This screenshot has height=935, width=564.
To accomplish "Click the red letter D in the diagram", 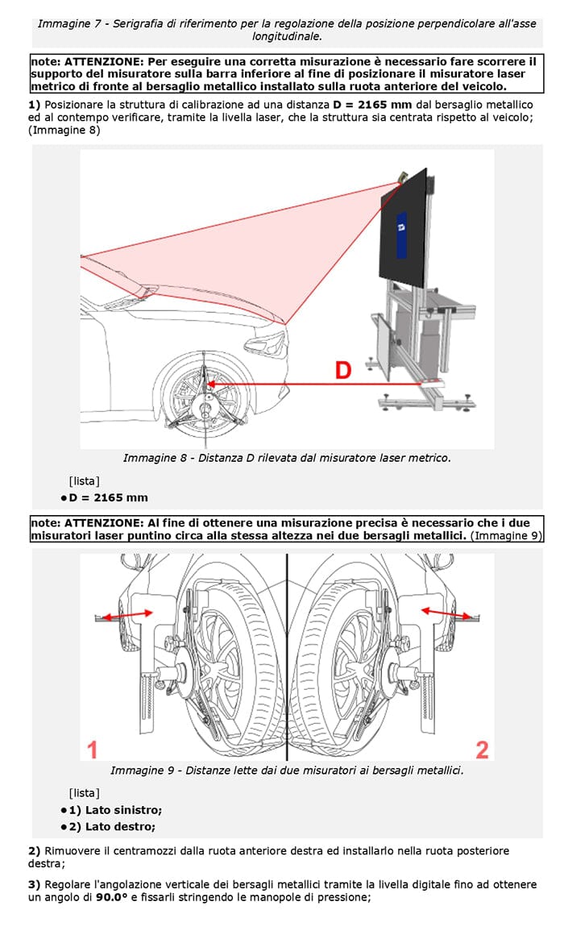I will tap(342, 370).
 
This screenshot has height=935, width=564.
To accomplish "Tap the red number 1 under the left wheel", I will tap(93, 750).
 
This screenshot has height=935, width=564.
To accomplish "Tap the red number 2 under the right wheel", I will tap(482, 750).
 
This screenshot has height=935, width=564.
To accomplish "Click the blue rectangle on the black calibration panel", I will tap(400, 232).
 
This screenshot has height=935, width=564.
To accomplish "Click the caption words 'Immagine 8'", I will tap(151, 458).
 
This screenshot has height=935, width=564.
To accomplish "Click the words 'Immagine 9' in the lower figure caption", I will tap(139, 771).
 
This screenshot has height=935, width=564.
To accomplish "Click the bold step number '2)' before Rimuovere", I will tap(34, 850).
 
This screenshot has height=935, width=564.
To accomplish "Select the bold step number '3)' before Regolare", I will tap(34, 884).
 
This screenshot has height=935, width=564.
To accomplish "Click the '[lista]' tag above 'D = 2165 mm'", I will tap(85, 481).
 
